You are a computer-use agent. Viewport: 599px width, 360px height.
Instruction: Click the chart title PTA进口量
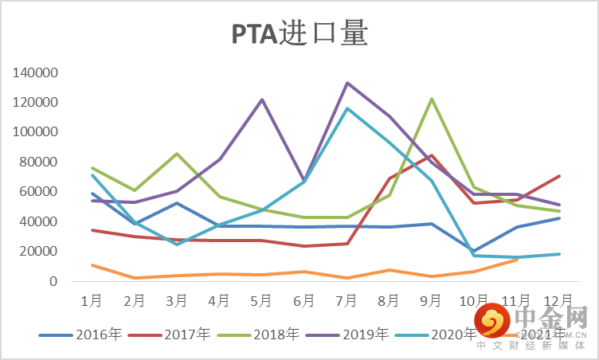point(299,35)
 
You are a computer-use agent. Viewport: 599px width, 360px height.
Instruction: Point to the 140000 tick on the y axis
point(35,72)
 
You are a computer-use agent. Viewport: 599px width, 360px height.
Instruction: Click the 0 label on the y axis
point(53,281)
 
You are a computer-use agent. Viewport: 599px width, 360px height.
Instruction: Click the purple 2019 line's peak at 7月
point(347,83)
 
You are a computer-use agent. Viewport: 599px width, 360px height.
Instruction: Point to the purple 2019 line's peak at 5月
point(262,100)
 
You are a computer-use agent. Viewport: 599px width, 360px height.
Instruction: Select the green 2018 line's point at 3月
point(177,154)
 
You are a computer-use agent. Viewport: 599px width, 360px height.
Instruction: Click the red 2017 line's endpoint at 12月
point(560,176)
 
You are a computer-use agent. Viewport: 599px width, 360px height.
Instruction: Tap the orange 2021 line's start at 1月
point(92,265)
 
